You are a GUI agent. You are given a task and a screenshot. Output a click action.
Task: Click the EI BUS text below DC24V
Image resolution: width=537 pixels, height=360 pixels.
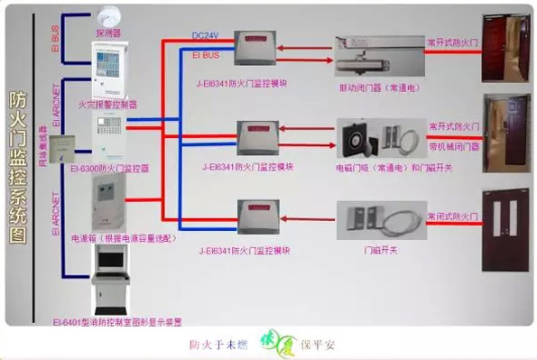[x=206, y=55]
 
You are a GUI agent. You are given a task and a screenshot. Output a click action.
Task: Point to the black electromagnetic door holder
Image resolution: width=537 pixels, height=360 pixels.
[x=354, y=137]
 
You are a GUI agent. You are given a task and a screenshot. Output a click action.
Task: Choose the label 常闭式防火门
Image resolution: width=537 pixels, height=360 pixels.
[x=451, y=217]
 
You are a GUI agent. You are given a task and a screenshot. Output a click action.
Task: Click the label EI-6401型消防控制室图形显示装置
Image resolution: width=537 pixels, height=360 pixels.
[x=116, y=321]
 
